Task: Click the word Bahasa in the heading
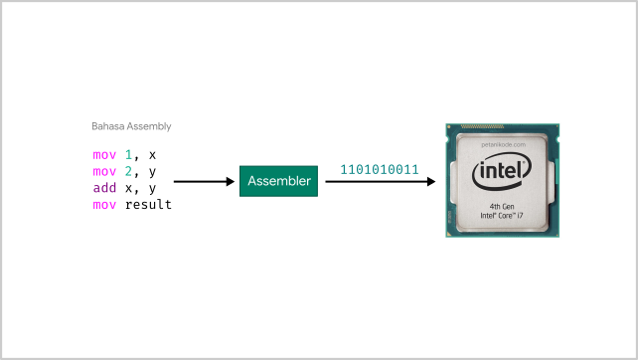pyautogui.click(x=106, y=126)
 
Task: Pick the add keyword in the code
pyautogui.click(x=103, y=188)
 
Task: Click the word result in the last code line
pyautogui.click(x=148, y=205)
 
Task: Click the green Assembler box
pyautogui.click(x=279, y=182)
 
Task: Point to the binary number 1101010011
pyautogui.click(x=379, y=168)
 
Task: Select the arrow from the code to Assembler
pyautogui.click(x=204, y=182)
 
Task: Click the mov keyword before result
pyautogui.click(x=103, y=205)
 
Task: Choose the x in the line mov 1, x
pyautogui.click(x=152, y=155)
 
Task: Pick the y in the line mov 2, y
pyautogui.click(x=152, y=172)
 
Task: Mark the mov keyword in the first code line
pyautogui.click(x=103, y=155)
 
